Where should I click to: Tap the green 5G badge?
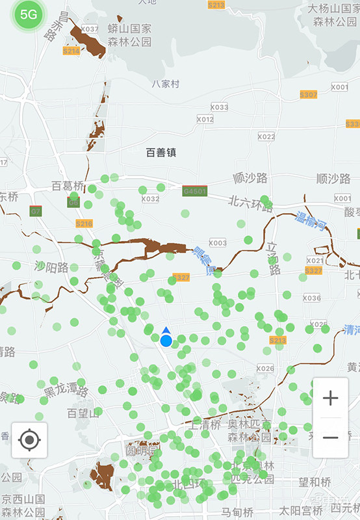(28, 15)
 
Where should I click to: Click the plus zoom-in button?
(330, 398)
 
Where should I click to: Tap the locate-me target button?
(29, 440)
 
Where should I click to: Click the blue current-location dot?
(166, 340)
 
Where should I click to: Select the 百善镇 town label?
(161, 153)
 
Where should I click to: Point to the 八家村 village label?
(165, 84)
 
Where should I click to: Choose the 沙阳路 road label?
(52, 267)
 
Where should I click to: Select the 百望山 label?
(83, 413)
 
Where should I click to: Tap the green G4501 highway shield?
(195, 191)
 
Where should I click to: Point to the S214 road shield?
(71, 51)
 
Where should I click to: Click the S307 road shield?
(309, 94)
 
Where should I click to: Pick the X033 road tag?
(219, 107)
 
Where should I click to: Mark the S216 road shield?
(84, 223)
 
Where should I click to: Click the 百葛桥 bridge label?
(68, 187)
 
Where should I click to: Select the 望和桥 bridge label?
(315, 482)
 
